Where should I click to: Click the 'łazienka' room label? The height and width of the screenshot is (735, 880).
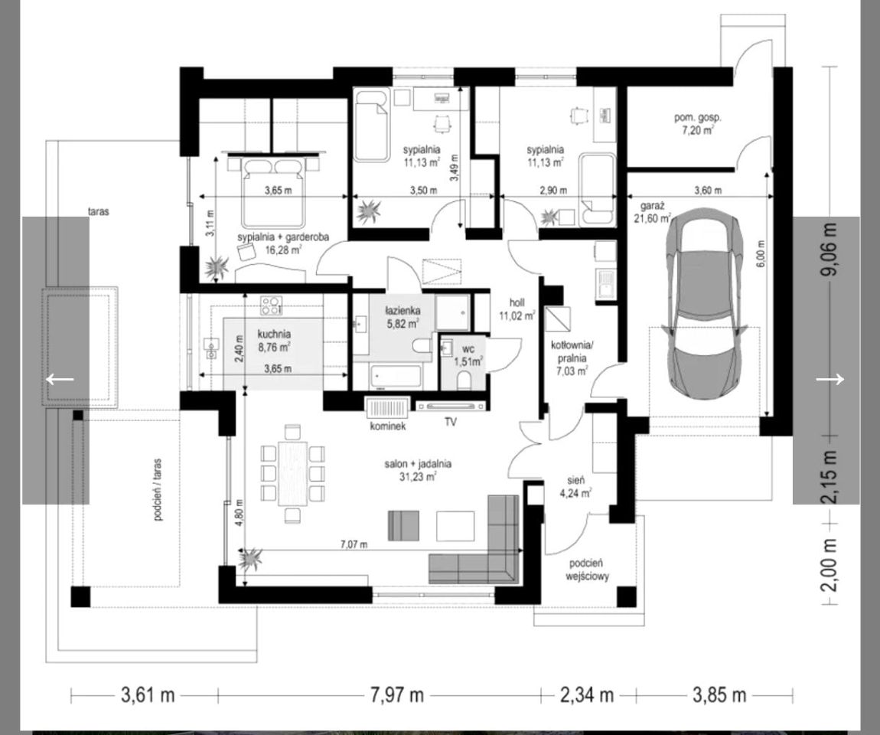[x=403, y=311]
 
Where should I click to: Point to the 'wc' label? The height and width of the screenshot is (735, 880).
[x=468, y=349]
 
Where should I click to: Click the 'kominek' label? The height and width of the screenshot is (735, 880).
[x=388, y=426]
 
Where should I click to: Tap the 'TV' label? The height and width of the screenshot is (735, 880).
[x=451, y=421]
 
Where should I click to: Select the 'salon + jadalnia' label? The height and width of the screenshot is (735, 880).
[x=418, y=465]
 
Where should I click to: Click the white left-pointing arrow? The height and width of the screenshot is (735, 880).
[x=60, y=379]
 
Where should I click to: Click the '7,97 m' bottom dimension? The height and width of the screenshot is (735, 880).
[x=397, y=695]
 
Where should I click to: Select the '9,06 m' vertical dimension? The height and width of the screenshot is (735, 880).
[x=829, y=249]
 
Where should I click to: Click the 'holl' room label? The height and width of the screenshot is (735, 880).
[x=517, y=302]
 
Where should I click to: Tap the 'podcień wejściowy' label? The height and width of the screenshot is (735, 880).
[x=587, y=570]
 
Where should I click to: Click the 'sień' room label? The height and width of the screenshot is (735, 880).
[x=575, y=481]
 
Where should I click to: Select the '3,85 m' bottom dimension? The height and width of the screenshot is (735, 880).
[x=719, y=695]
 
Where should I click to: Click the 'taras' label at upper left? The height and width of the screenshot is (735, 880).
[x=98, y=211]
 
